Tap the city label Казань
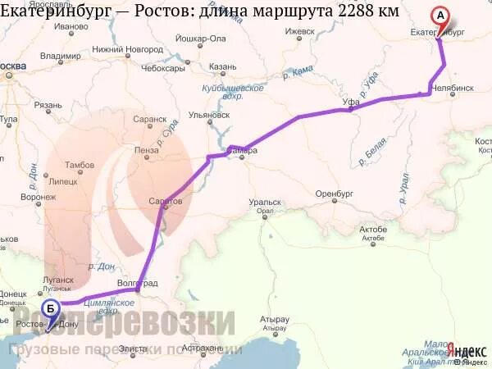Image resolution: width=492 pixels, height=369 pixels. (x=222, y=67)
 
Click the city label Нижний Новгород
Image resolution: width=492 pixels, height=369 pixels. (x=127, y=49)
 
